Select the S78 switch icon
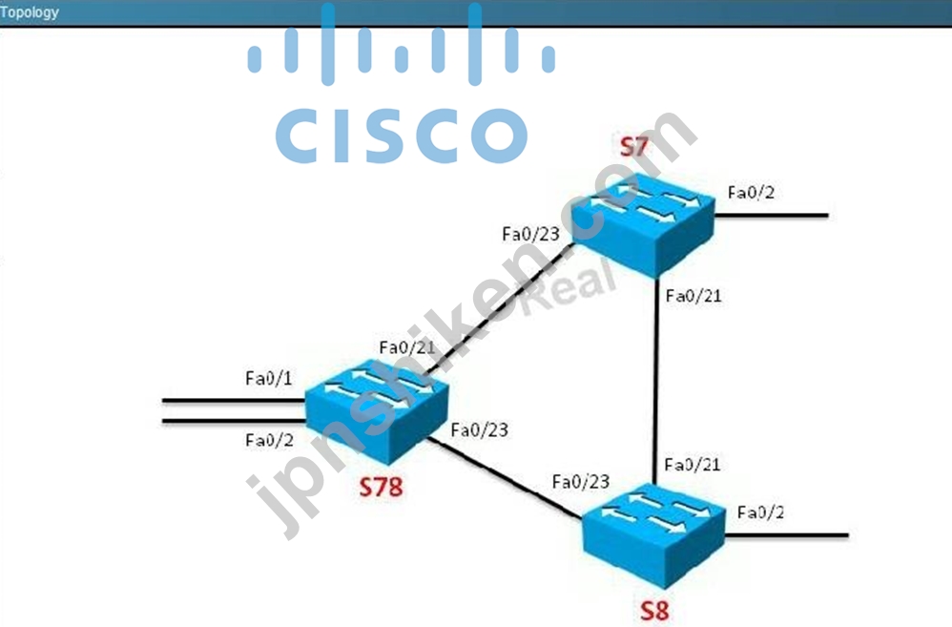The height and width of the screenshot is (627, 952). coord(377,411)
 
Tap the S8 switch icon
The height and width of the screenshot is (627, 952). coord(653,536)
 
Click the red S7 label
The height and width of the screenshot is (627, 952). coord(633,146)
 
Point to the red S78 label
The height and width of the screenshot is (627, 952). coord(381,487)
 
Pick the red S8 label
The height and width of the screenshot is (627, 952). coord(654,611)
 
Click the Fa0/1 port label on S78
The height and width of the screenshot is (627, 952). coord(268,379)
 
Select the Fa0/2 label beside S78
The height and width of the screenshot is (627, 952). coord(269,440)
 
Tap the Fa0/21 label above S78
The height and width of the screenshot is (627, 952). coord(407,347)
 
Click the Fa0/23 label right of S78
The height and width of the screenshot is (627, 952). coord(479,430)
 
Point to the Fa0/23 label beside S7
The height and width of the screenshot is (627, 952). coord(530,234)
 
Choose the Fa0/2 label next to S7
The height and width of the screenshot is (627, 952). coord(751,193)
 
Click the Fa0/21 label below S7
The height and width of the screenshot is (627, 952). coord(693,296)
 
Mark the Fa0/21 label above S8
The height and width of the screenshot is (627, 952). coord(693,465)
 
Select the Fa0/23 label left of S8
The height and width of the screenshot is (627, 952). coord(580,482)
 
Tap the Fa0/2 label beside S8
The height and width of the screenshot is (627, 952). coord(760,512)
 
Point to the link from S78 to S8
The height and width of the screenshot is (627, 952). coord(505,478)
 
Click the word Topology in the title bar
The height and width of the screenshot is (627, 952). coord(30,12)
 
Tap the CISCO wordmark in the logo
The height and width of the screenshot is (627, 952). coord(402,136)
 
